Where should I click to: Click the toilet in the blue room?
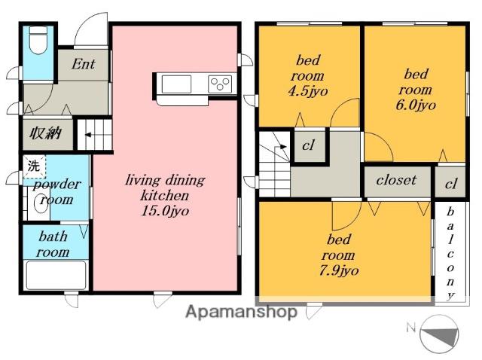point(38,40)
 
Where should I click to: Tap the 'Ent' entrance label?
point(84,64)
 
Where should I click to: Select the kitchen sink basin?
point(176,84)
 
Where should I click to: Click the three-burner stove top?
point(220,84)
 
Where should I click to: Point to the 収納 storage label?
point(46,134)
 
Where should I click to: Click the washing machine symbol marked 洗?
point(34,166)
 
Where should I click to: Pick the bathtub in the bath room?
point(56,275)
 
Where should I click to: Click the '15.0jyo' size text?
point(165,211)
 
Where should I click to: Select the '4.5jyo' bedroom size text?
point(308,91)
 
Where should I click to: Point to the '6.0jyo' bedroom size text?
point(416,105)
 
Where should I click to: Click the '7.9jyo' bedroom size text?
point(339,271)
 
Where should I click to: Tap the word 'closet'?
point(396,180)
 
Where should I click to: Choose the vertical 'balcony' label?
point(450,253)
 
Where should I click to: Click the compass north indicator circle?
point(439,334)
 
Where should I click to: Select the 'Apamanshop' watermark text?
point(241,313)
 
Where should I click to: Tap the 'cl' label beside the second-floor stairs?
point(308,145)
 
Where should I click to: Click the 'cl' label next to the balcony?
point(450,184)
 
